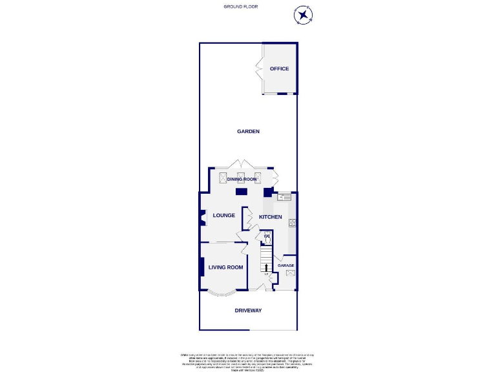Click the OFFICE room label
click(x=279, y=68)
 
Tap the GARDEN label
click(x=248, y=131)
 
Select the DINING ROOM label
click(x=242, y=179)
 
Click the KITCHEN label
click(x=271, y=217)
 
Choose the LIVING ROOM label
click(x=225, y=267)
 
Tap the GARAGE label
click(x=285, y=265)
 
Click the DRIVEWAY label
click(x=248, y=311)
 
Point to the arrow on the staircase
click(x=265, y=267)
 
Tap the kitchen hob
click(x=292, y=223)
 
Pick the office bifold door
click(x=260, y=68)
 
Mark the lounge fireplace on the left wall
click(x=201, y=219)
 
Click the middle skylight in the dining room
click(x=241, y=178)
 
